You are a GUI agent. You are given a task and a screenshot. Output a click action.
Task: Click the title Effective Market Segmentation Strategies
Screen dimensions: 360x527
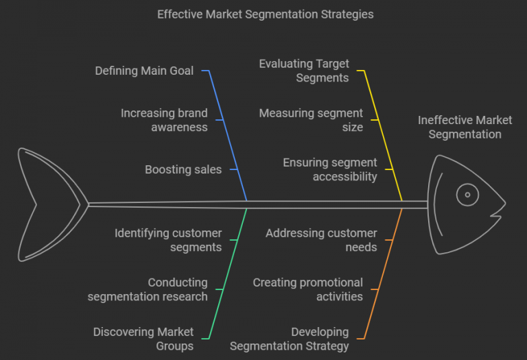[266, 14]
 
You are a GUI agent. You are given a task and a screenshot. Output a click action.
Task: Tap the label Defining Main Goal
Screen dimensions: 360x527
[144, 71]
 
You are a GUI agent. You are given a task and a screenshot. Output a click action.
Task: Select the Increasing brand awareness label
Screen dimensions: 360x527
[164, 120]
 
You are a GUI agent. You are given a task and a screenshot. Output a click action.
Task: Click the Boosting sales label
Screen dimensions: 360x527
[183, 169]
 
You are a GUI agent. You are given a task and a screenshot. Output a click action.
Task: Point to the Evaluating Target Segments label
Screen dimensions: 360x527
[303, 71]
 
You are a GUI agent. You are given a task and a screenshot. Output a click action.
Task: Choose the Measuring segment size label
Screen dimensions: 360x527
[311, 120]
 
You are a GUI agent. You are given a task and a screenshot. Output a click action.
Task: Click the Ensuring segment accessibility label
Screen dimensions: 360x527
[330, 169]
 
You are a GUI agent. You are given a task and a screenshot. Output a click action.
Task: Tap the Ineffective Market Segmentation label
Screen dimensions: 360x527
[465, 127]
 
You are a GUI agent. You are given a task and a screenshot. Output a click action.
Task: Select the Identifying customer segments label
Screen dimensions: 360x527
[168, 240]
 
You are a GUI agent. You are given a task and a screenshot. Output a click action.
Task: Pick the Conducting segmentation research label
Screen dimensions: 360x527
[148, 289]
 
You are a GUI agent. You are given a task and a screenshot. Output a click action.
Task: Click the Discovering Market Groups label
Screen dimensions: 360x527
[143, 339]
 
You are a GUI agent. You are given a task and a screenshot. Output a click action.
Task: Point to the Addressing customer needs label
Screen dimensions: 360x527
[321, 240]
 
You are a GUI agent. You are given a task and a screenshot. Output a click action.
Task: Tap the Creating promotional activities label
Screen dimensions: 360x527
[308, 289]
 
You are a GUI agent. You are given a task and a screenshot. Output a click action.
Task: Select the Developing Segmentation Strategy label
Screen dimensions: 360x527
[289, 339]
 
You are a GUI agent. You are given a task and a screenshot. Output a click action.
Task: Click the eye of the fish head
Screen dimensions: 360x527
[467, 195]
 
